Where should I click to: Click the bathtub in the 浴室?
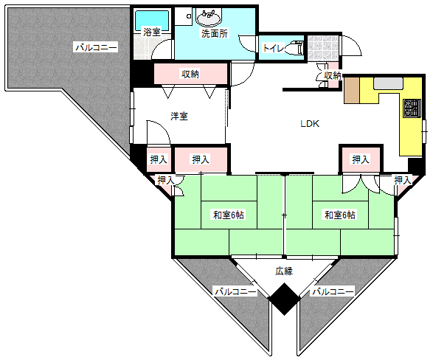click(152, 20)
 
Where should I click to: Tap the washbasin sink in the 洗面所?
click(209, 18)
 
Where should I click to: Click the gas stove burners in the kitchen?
click(412, 108)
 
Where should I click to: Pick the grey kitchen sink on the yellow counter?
click(388, 83)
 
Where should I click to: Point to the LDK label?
click(310, 124)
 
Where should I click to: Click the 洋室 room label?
click(179, 117)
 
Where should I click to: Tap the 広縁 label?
click(284, 271)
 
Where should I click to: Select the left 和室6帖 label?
click(229, 215)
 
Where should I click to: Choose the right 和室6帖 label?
click(340, 215)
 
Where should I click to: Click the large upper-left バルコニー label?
click(97, 47)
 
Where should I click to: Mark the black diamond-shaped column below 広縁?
click(284, 299)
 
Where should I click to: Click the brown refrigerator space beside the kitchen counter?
click(352, 91)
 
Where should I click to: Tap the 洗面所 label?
click(215, 33)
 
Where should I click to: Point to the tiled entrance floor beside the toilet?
click(323, 48)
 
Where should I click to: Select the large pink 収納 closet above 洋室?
click(190, 74)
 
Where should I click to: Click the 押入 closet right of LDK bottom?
click(361, 159)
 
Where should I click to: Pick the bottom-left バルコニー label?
click(236, 292)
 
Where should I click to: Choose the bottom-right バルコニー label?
click(333, 292)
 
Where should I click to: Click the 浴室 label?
click(152, 32)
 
